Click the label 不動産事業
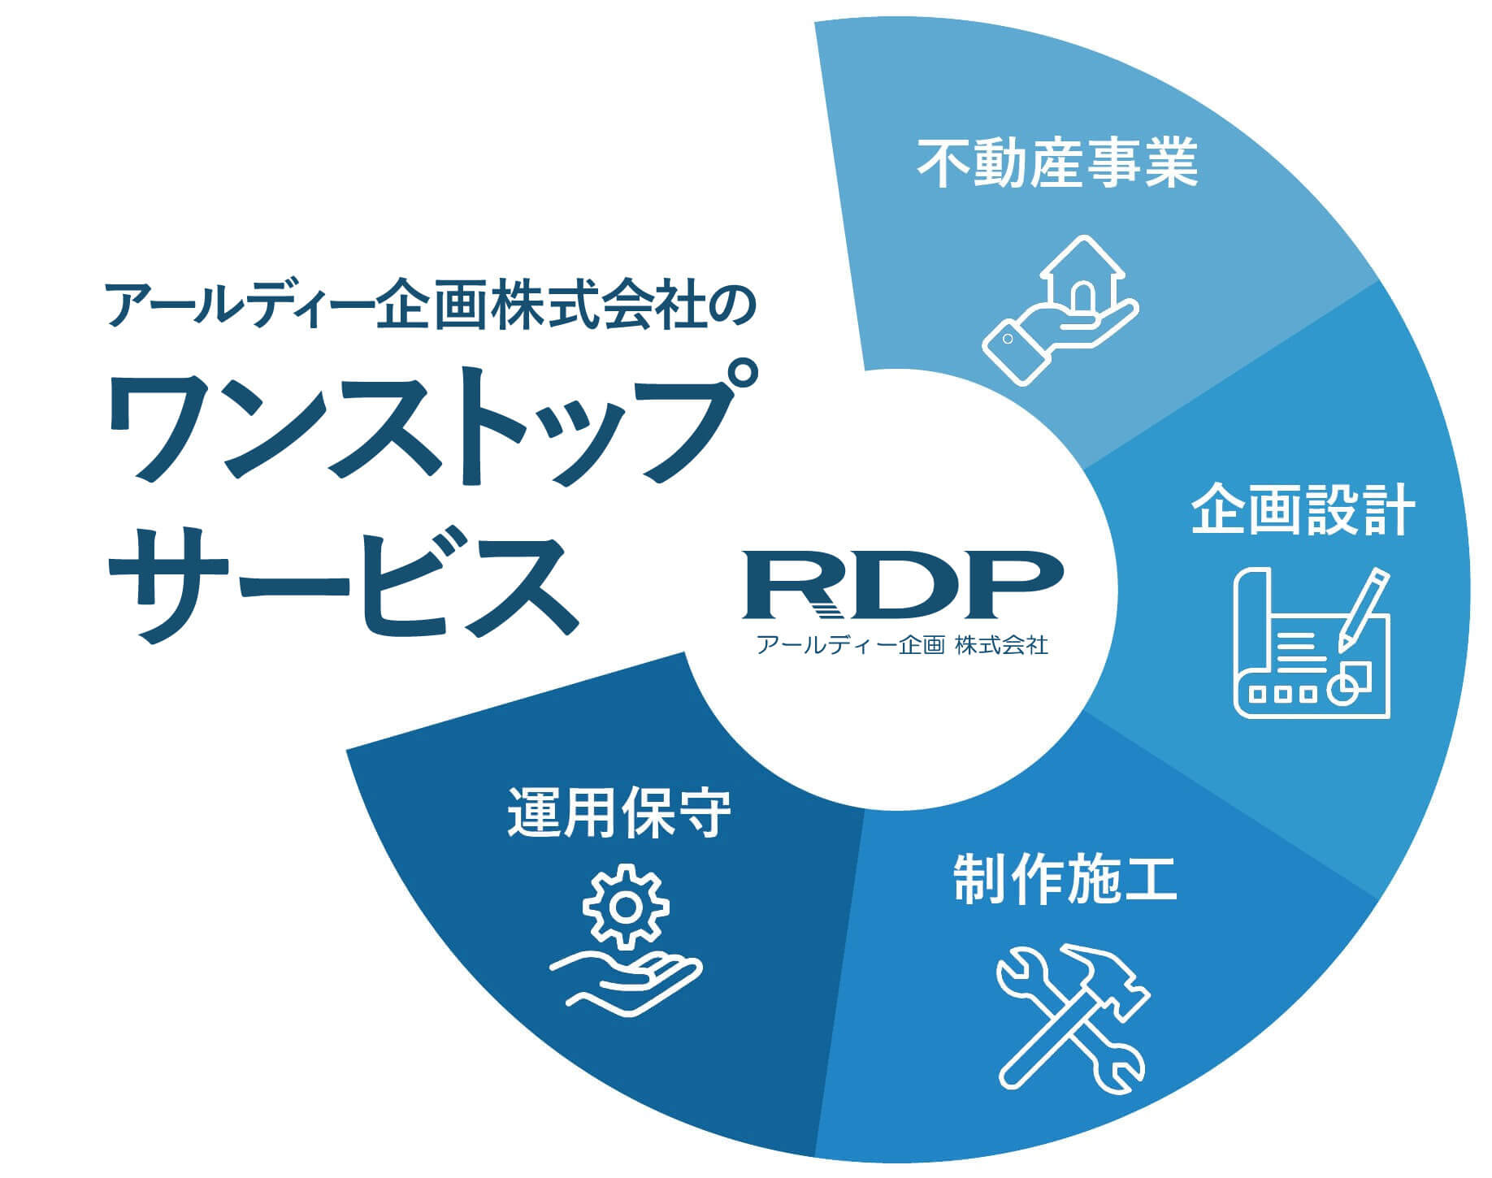1057,164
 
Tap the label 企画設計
1303,510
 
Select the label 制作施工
1065,879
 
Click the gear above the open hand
627,907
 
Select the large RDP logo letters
902,583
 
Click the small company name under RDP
902,646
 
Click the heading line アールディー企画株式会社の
431,306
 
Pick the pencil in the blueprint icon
1363,609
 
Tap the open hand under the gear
626,981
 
